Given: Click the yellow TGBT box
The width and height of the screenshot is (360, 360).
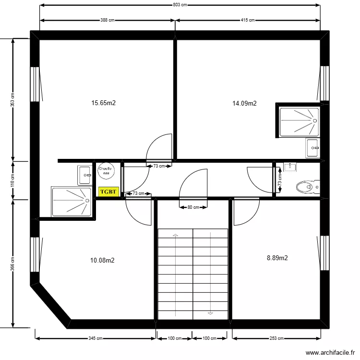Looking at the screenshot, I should point(108,191).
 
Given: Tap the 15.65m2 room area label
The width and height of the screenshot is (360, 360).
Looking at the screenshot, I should point(104,103).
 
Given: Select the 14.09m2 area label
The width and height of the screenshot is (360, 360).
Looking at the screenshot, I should point(244,103).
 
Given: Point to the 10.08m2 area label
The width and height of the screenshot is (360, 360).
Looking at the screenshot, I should point(102,261).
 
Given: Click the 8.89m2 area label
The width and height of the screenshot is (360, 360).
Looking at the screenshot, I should point(277,258).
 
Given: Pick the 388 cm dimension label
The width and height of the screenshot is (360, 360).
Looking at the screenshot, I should point(108,20).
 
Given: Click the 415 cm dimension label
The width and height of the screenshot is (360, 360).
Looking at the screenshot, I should point(248,20).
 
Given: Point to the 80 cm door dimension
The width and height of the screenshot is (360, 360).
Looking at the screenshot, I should point(193,207).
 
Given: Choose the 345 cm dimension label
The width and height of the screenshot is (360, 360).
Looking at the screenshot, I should point(96,338).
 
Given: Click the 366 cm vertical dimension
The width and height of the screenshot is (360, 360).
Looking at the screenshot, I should point(13,263).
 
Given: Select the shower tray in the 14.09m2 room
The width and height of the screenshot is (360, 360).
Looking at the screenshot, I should point(299,120).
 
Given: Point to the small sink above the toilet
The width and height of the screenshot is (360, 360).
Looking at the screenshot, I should point(290,167).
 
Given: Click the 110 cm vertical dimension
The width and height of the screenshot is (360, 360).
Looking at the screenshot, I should point(13,180).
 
